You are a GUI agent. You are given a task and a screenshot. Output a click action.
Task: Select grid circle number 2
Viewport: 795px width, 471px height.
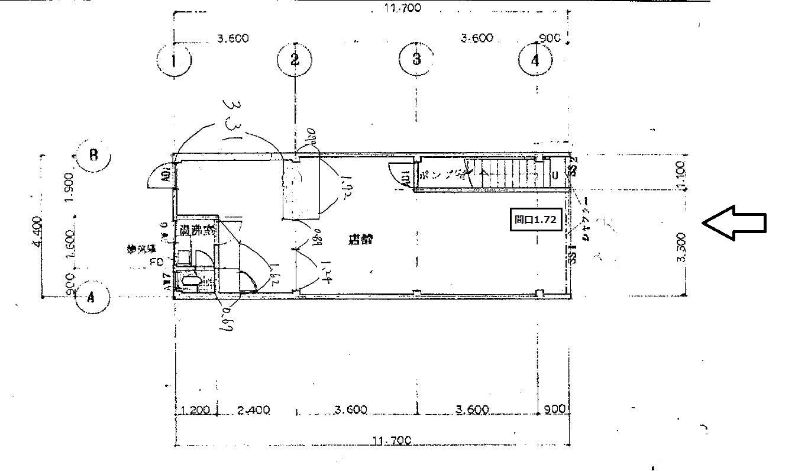(295, 59)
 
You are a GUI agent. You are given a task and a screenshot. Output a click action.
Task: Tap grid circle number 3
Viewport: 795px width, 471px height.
(416, 59)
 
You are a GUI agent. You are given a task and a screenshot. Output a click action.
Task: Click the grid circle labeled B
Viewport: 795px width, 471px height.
(93, 156)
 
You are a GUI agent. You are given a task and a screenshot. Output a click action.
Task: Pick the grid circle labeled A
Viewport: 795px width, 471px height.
(92, 298)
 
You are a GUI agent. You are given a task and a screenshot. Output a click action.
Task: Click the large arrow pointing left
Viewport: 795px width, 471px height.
(734, 222)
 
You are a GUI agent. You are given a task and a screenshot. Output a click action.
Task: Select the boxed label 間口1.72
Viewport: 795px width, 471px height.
(535, 220)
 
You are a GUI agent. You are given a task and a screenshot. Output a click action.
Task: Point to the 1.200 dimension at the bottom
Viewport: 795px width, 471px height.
(196, 409)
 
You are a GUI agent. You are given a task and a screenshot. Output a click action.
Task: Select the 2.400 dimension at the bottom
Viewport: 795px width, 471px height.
(254, 409)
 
